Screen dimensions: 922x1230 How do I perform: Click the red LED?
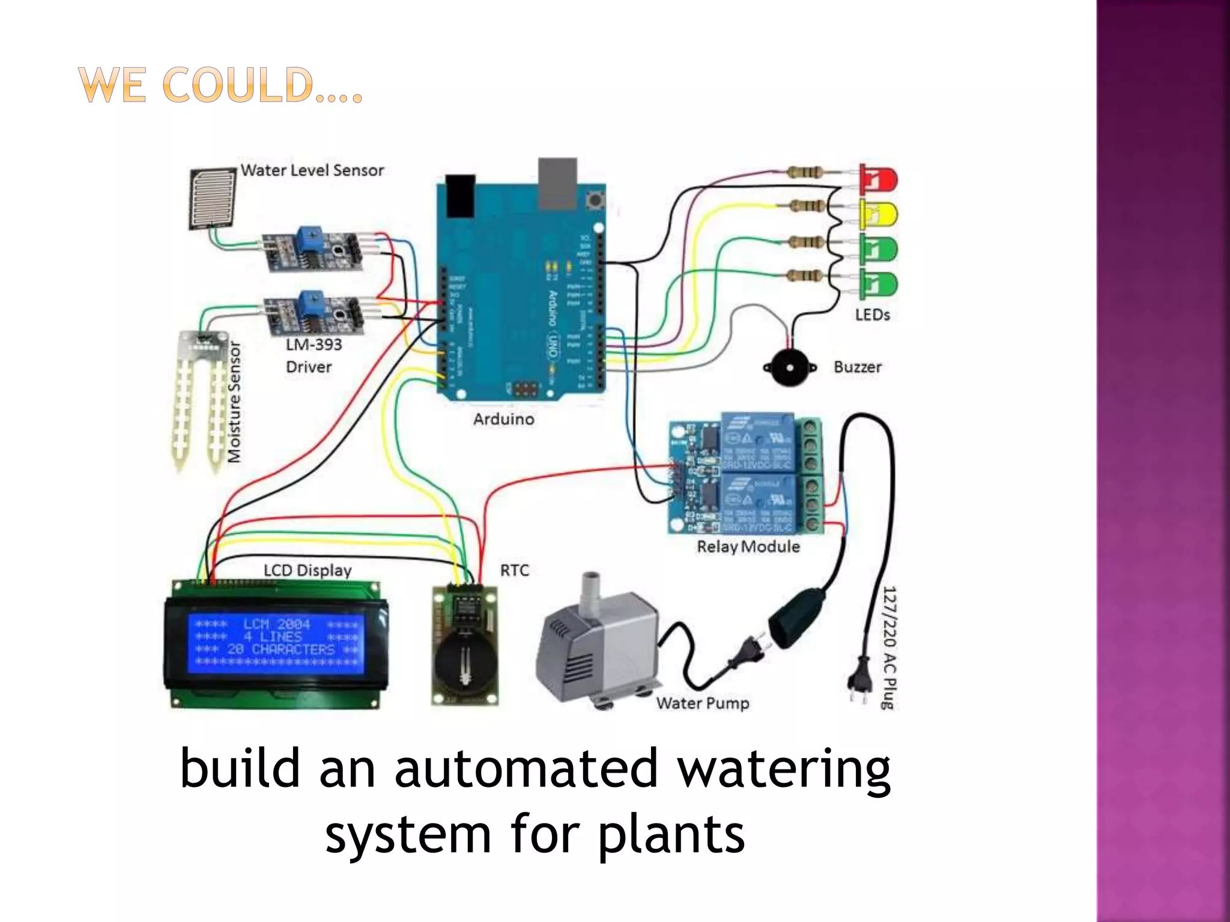pyautogui.click(x=878, y=179)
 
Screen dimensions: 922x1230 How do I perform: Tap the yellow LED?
pyautogui.click(x=878, y=215)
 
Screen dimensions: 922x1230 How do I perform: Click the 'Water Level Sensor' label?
pyautogui.click(x=312, y=170)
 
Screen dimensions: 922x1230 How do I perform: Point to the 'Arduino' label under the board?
pyautogui.click(x=503, y=419)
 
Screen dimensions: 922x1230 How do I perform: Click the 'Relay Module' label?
pyautogui.click(x=748, y=547)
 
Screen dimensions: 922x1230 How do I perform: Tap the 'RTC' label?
pyautogui.click(x=515, y=570)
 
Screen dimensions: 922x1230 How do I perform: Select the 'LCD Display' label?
pyautogui.click(x=307, y=570)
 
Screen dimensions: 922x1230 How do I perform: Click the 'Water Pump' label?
pyautogui.click(x=703, y=703)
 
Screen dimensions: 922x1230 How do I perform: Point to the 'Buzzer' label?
pyautogui.click(x=857, y=367)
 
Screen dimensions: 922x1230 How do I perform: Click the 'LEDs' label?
pyautogui.click(x=872, y=315)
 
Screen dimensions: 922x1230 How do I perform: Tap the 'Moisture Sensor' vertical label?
pyautogui.click(x=234, y=402)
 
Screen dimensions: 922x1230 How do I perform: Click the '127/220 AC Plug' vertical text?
pyautogui.click(x=889, y=648)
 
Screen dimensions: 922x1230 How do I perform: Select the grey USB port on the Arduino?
pyautogui.click(x=557, y=183)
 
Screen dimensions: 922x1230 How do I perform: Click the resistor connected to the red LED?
pyautogui.click(x=804, y=173)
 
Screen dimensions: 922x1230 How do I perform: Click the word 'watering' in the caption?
pyautogui.click(x=784, y=770)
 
